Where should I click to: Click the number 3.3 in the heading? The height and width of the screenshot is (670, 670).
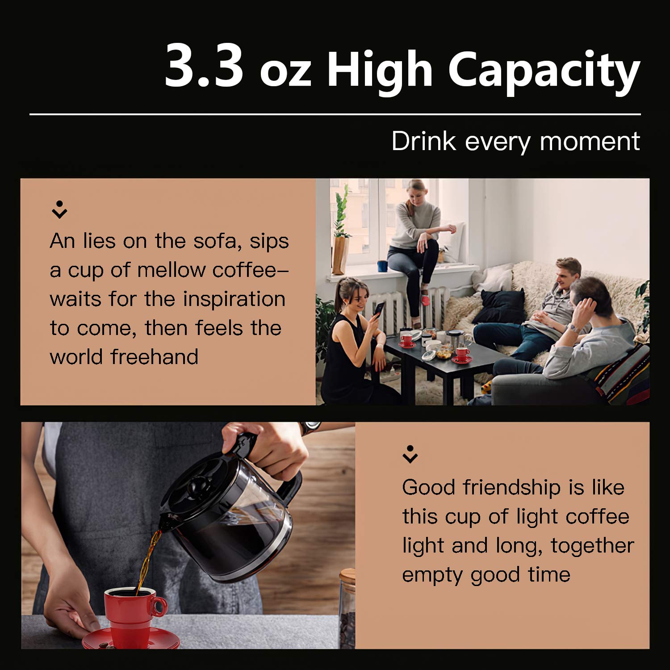(204, 67)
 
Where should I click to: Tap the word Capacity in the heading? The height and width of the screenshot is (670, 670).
(544, 71)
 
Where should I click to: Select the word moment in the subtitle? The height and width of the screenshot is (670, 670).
(590, 142)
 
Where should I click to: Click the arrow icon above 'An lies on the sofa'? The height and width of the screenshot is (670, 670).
(59, 209)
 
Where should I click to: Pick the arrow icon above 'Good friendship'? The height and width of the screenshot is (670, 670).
(410, 454)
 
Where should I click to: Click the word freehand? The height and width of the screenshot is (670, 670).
(155, 357)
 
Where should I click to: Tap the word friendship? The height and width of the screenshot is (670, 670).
(512, 487)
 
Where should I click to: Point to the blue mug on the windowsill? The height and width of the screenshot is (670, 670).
(382, 266)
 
